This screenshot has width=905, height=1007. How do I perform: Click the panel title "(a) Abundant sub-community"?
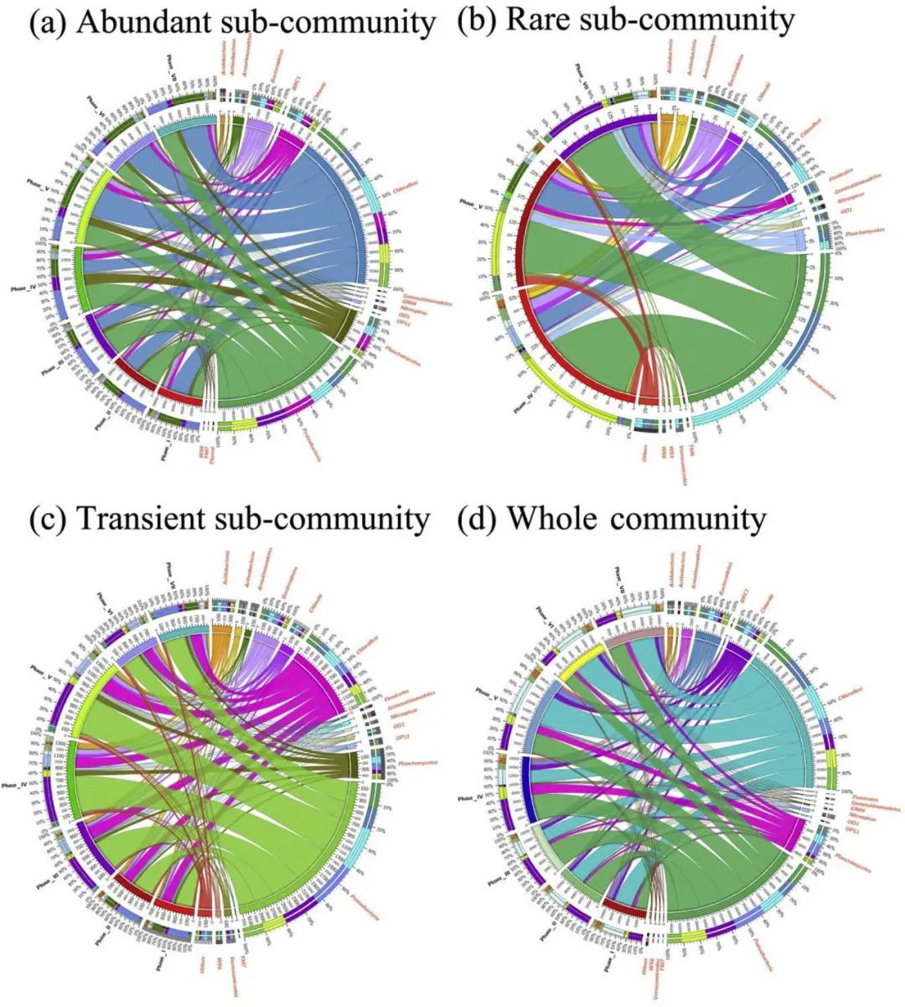[x=232, y=23]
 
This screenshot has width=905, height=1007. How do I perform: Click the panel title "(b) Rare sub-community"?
[x=624, y=19]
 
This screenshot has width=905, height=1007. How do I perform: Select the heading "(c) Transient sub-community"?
[x=228, y=520]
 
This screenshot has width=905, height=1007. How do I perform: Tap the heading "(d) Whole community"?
[x=611, y=520]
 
